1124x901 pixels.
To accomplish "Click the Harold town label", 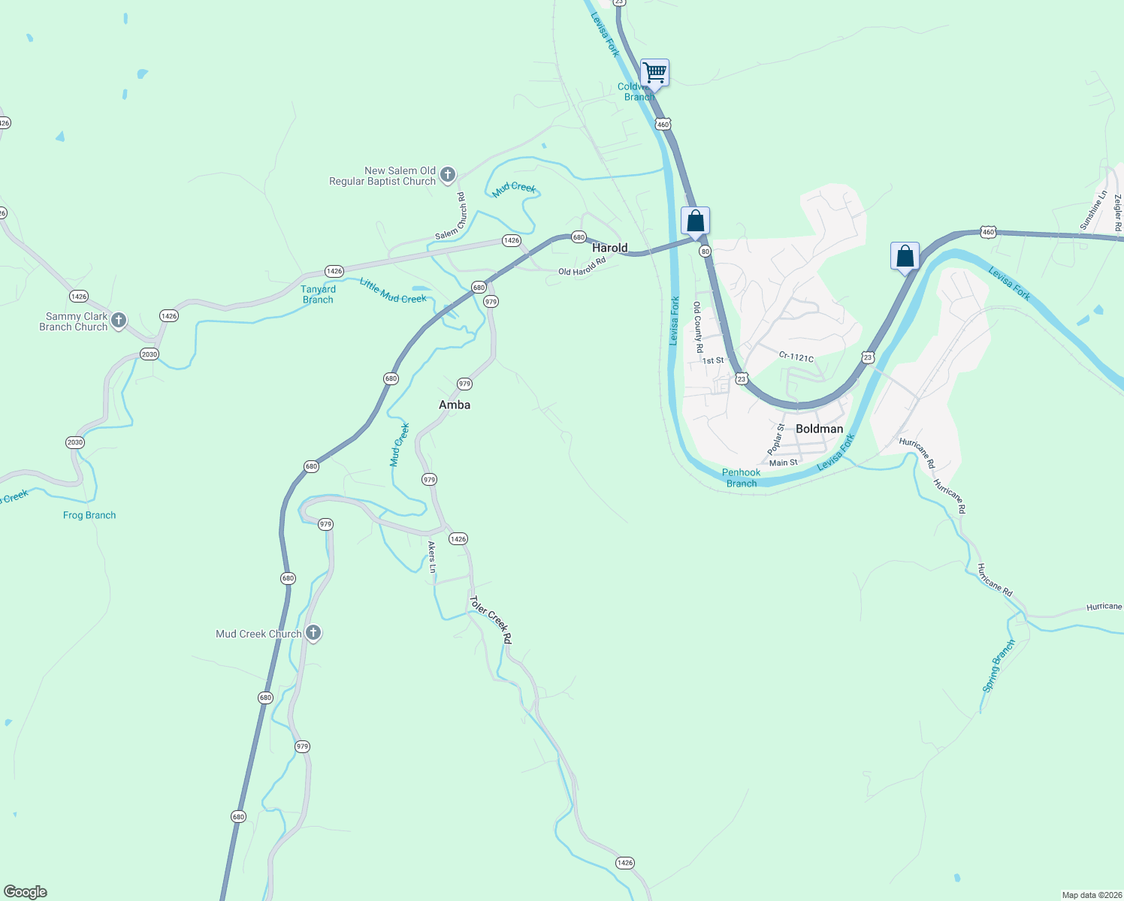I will [609, 248].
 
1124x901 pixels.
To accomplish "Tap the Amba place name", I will [455, 405].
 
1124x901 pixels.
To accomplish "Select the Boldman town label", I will [819, 429].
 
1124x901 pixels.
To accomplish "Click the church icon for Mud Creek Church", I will [313, 633].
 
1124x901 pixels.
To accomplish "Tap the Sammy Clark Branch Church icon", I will [118, 321].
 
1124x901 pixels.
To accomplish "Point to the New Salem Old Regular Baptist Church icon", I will [447, 176].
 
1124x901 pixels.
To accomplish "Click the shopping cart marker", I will [654, 73].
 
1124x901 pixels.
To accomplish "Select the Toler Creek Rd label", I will [491, 619].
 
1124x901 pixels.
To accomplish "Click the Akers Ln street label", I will [432, 557].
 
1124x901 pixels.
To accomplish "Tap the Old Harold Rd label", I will [582, 267].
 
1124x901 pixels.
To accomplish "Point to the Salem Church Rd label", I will [452, 216].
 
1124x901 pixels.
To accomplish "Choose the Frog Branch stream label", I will [89, 515].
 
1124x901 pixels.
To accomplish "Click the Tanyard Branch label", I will [318, 294].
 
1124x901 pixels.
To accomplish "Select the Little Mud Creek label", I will [393, 291].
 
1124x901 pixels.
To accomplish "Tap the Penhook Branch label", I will [742, 478].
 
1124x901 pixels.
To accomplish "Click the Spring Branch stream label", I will [999, 665].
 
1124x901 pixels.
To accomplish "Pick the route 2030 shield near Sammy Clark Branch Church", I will [150, 354].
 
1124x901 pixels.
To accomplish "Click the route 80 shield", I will [705, 252].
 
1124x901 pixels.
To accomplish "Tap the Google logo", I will [26, 892].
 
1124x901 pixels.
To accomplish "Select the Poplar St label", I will [776, 439].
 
